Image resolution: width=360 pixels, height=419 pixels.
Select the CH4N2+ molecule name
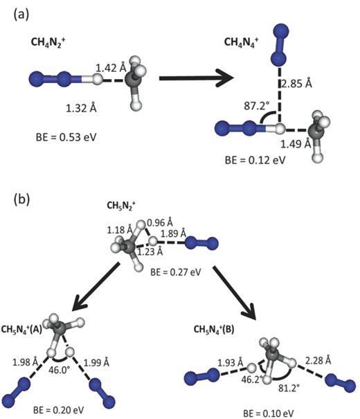click(48, 45)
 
